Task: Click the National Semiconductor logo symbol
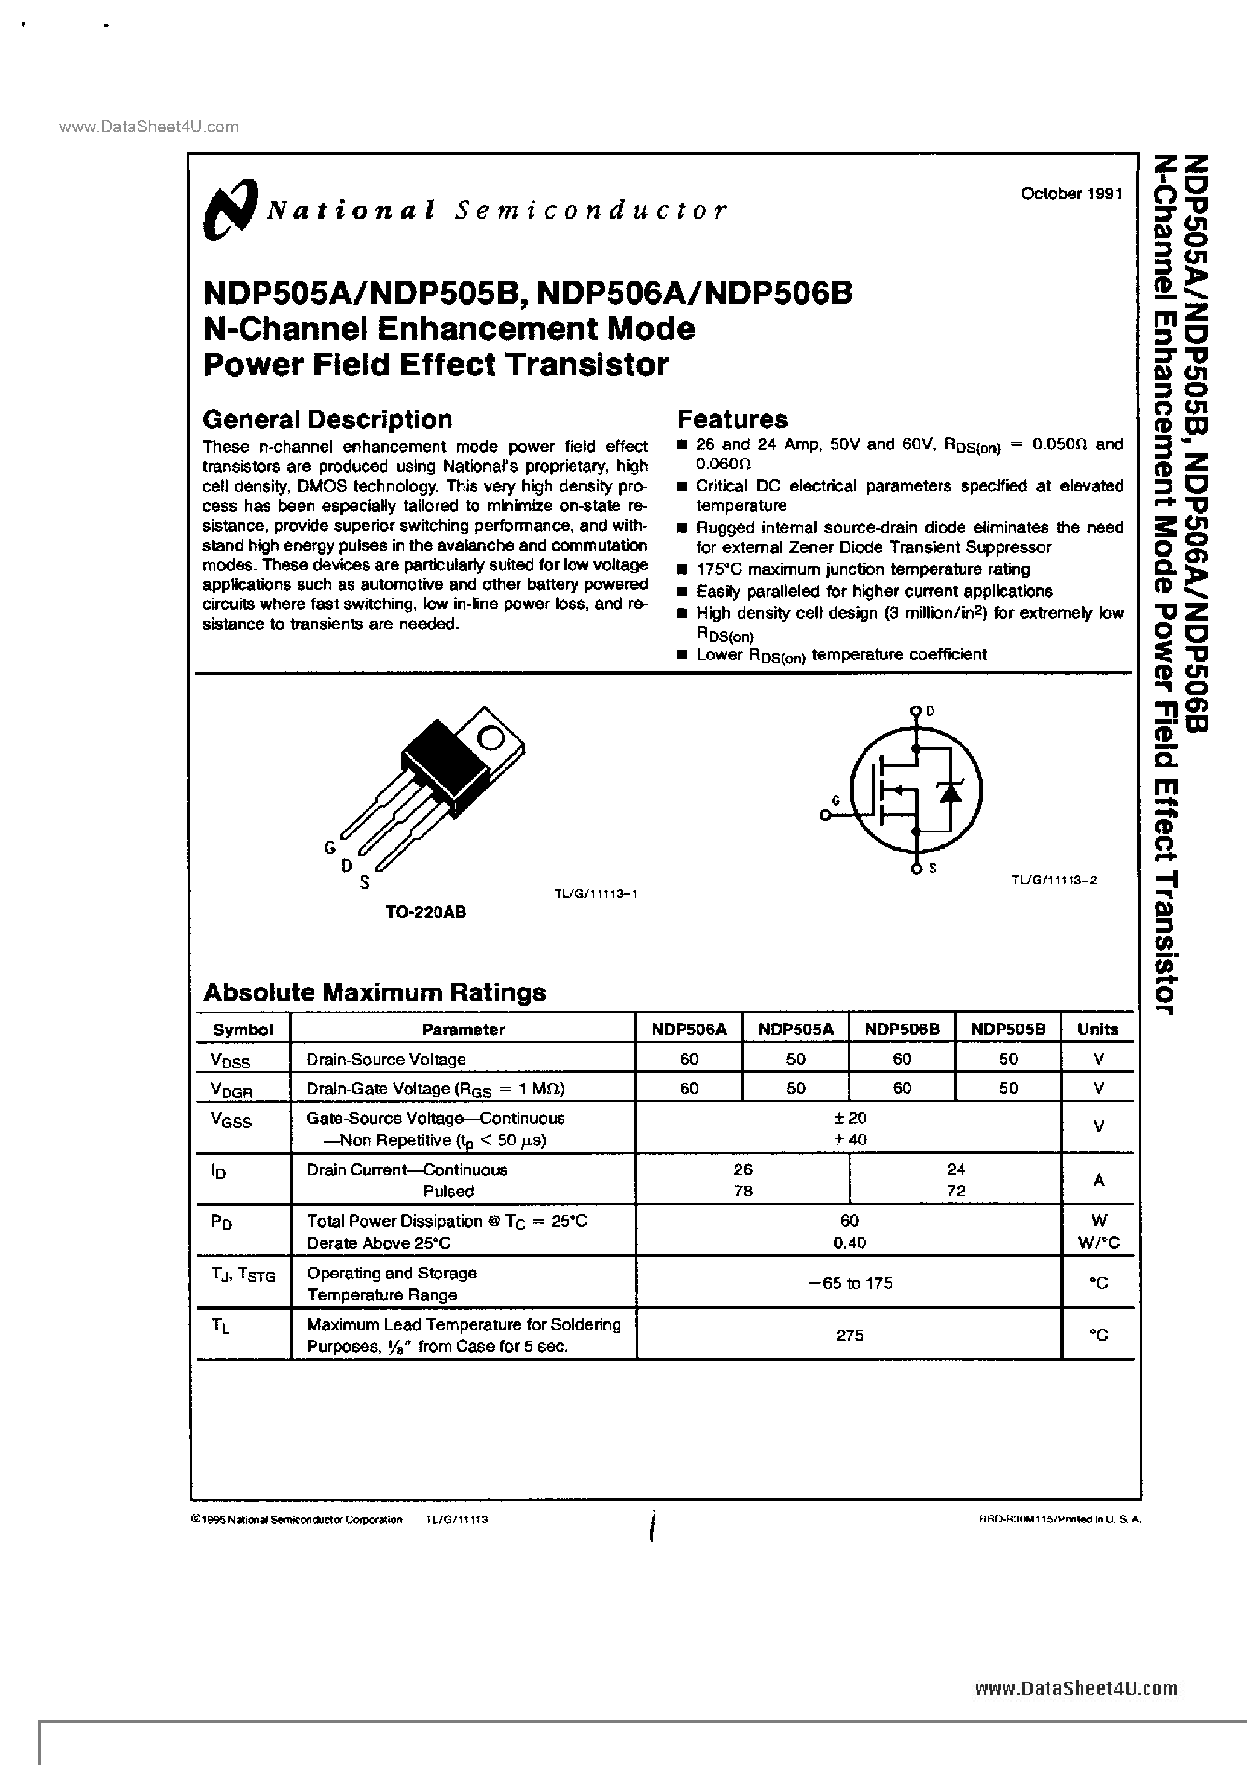pos(228,208)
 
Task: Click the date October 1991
pos(1071,194)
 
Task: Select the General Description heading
pos(327,419)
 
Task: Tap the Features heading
pos(732,419)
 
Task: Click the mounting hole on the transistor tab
pos(490,738)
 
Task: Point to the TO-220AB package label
pos(427,911)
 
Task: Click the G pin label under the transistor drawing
pos(330,848)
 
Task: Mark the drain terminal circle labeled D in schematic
pos(915,711)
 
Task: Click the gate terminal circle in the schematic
pos(826,815)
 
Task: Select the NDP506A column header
pos(689,1029)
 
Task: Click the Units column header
pos(1098,1029)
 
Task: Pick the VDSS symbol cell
pos(231,1060)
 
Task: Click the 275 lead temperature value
pos(849,1335)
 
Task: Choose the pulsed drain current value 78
pos(742,1191)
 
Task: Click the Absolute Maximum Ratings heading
pos(374,992)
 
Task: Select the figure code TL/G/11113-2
pos(1054,880)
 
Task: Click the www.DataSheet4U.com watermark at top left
pos(149,127)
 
